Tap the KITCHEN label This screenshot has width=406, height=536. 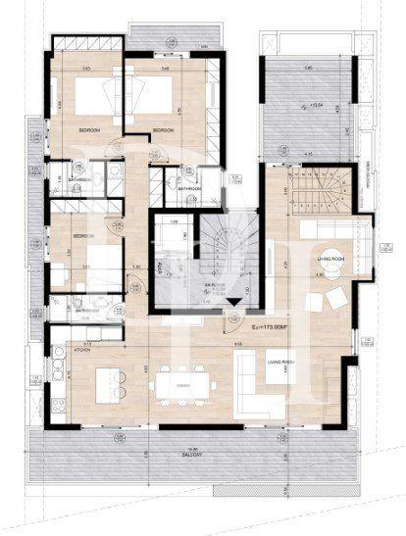coord(80,350)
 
